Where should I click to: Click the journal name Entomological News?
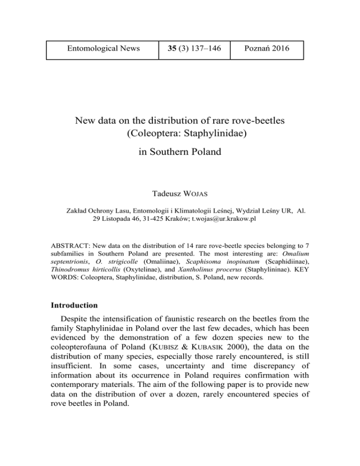pos(104,48)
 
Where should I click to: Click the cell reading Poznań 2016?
pos(268,48)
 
